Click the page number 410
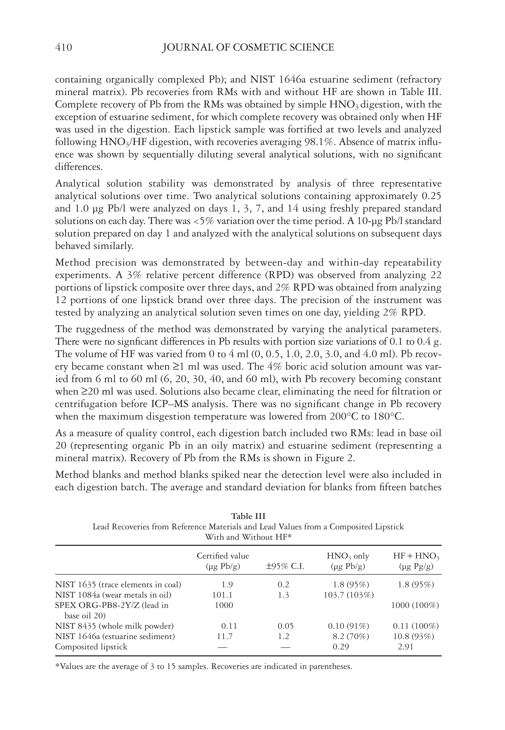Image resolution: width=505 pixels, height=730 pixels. tap(63, 48)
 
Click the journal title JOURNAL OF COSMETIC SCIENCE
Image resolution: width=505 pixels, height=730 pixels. tap(248, 48)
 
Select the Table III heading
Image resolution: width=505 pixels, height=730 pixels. tap(248, 516)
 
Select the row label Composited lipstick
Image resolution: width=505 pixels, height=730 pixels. tap(91, 647)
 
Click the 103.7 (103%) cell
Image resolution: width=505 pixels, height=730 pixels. tap(348, 595)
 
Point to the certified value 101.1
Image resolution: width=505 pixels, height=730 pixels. tap(222, 595)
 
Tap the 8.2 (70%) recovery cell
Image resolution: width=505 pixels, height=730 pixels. tap(348, 636)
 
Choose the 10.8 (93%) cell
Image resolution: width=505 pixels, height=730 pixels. tap(411, 636)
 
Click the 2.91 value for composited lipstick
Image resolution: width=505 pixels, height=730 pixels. tap(405, 647)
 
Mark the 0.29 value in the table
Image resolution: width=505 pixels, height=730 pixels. tap(340, 647)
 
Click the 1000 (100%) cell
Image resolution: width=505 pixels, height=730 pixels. tap(415, 606)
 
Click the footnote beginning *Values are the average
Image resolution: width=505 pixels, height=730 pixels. tap(204, 667)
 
